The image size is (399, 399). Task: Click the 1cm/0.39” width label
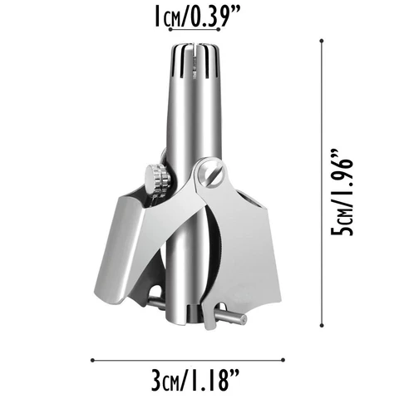pyautogui.click(x=199, y=16)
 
